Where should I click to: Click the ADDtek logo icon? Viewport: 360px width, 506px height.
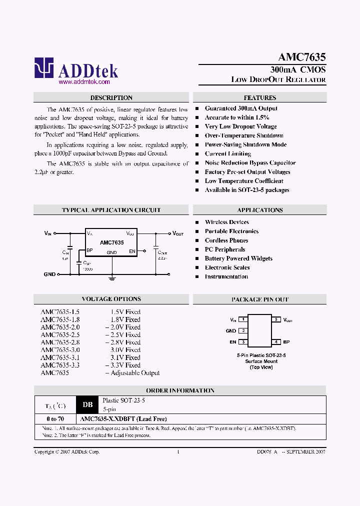click(x=43, y=68)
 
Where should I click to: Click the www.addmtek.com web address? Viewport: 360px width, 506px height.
click(x=84, y=81)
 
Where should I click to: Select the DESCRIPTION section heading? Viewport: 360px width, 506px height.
click(x=111, y=98)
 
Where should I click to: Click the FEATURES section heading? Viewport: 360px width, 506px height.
click(x=260, y=98)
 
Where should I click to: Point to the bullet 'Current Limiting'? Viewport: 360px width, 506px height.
click(x=227, y=154)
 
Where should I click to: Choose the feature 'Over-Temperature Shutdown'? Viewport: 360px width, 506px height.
click(x=244, y=135)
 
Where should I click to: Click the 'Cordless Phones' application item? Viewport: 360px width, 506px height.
click(x=226, y=240)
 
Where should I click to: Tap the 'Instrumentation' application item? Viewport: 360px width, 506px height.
click(x=226, y=276)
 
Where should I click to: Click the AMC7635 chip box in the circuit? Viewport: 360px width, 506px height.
click(x=111, y=242)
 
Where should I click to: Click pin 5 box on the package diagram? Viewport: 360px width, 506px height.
click(x=275, y=319)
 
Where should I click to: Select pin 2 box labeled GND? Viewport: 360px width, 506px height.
click(x=243, y=330)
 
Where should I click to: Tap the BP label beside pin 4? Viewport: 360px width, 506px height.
click(x=286, y=342)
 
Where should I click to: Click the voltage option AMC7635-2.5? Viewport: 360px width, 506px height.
click(x=60, y=334)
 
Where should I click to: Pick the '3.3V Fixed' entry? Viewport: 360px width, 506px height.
click(x=125, y=365)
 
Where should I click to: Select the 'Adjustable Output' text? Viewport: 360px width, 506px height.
click(x=135, y=373)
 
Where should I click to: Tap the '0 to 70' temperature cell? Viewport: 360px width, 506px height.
click(x=54, y=419)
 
